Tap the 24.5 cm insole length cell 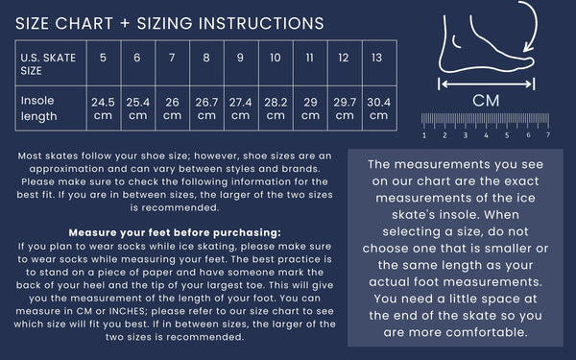tap(103, 108)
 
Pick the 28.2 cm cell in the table tap(276, 108)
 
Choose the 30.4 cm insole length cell tap(379, 108)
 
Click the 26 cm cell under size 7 tap(172, 108)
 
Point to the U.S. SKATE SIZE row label tap(48, 64)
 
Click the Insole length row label tap(39, 108)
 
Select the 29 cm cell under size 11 tap(310, 108)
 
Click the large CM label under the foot tap(486, 101)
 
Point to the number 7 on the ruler tap(548, 134)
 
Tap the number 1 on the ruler tap(424, 135)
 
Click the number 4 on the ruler tap(486, 135)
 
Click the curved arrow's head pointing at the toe tap(527, 47)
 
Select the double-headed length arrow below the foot tap(487, 84)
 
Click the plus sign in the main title tap(125, 23)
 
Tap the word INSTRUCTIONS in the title tap(261, 23)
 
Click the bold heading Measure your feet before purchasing tap(175, 232)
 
